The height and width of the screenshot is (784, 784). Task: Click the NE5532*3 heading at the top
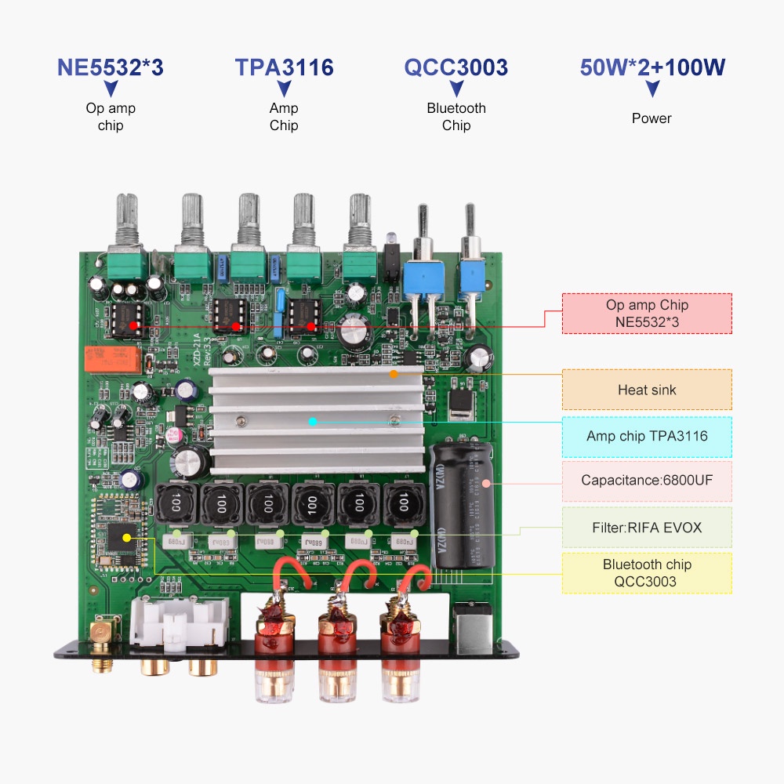(111, 67)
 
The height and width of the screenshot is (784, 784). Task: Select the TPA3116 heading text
(284, 67)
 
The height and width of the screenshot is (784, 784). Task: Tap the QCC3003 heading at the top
(456, 67)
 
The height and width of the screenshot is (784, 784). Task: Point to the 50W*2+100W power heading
(652, 67)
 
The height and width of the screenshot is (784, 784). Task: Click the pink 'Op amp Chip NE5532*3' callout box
(647, 314)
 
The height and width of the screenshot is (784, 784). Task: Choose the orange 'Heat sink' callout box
(647, 390)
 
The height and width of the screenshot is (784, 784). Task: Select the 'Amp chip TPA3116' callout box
(647, 436)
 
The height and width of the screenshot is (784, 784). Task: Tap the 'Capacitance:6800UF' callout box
(647, 481)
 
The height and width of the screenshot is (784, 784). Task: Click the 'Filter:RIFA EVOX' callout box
(647, 527)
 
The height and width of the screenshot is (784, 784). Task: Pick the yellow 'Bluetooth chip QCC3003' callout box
(647, 573)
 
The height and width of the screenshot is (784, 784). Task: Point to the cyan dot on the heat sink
(312, 422)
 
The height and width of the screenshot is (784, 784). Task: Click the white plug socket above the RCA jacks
(180, 619)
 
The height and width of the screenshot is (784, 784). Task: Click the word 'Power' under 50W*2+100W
(652, 118)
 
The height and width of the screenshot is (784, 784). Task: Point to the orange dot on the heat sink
(394, 375)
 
